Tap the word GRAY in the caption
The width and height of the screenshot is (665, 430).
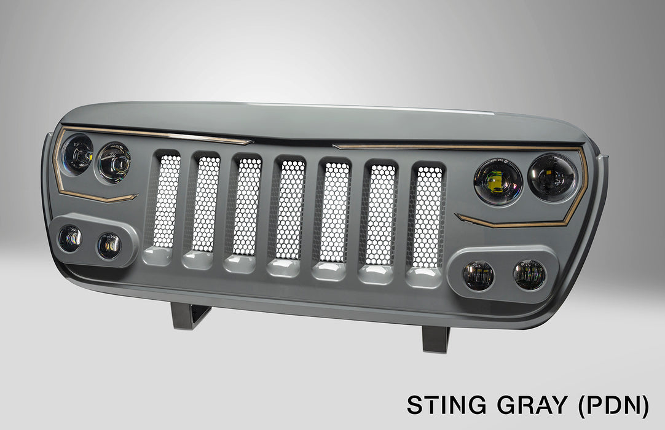[x=532, y=405]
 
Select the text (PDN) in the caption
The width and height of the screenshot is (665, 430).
[x=614, y=406]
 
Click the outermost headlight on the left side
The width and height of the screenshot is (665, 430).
[x=77, y=154]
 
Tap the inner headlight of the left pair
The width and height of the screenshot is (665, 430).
[x=114, y=162]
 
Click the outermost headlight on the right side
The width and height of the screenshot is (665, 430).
[x=553, y=178]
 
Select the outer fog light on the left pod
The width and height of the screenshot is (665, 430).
[x=70, y=239]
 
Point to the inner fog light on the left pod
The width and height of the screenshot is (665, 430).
[x=109, y=246]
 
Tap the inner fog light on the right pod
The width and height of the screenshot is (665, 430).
[x=478, y=276]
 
